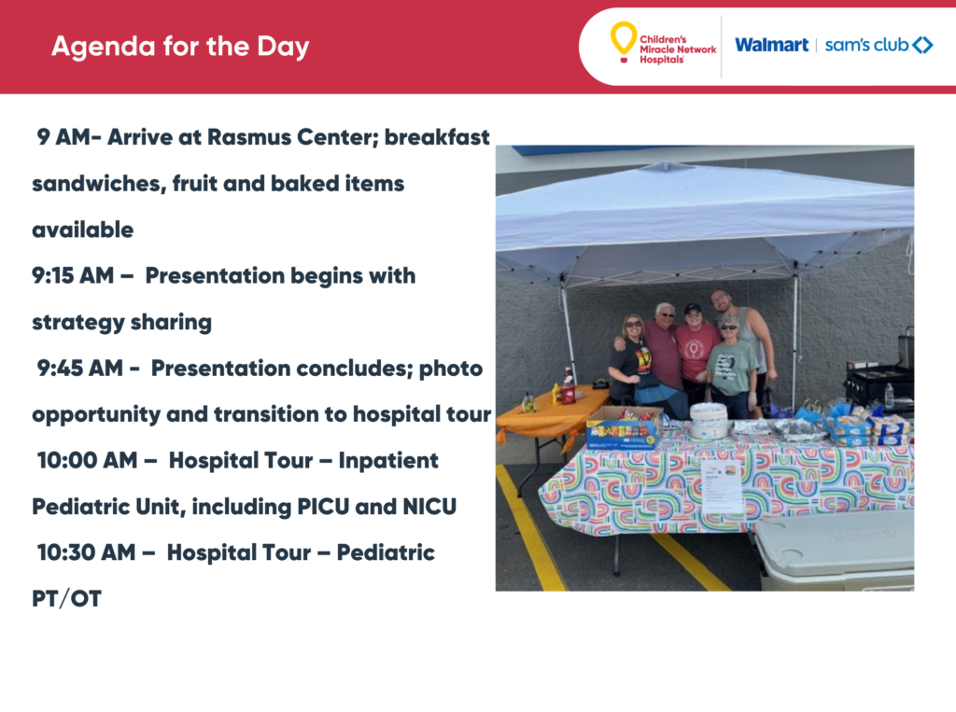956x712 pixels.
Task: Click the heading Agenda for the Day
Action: coord(180,47)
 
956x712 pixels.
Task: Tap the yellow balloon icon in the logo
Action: coord(624,41)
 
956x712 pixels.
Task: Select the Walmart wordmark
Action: coord(771,45)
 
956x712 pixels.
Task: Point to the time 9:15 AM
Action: coord(73,275)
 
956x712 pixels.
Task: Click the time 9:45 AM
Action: coord(80,369)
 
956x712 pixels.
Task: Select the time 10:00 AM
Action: coord(87,460)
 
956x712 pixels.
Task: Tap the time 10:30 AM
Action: coord(86,552)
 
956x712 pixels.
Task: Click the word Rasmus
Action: coord(248,137)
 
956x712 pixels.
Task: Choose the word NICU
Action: coord(429,507)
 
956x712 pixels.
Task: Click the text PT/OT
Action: coord(66,599)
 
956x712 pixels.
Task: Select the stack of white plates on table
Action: coord(709,421)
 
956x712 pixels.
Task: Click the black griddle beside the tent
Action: coord(878,377)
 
